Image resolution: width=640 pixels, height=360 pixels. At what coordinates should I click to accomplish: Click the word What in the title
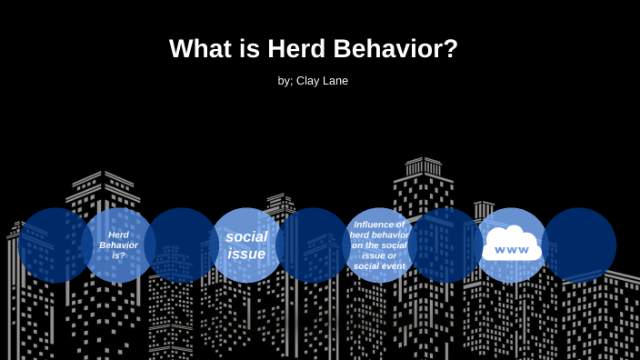(199, 49)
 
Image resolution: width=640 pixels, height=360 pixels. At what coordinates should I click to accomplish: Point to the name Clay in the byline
(309, 81)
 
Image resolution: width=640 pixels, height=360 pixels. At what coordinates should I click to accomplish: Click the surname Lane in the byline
(335, 81)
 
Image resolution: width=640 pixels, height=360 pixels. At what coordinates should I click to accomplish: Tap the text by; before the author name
(285, 81)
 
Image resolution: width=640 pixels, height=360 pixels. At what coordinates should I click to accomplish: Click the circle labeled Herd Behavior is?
(118, 245)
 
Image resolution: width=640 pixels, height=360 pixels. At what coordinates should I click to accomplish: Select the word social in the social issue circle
(246, 237)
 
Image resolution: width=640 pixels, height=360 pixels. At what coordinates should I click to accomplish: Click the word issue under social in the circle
(246, 254)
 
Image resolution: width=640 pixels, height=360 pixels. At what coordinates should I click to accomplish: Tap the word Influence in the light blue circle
(379, 225)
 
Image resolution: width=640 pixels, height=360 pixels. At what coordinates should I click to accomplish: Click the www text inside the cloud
(512, 250)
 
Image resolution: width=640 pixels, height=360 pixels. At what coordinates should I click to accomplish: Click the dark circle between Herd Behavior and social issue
(182, 245)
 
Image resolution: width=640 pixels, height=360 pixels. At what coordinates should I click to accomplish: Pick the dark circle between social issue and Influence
(313, 245)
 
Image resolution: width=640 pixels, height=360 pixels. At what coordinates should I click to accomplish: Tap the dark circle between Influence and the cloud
(445, 245)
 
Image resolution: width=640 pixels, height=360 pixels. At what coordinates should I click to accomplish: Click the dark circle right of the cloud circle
(579, 245)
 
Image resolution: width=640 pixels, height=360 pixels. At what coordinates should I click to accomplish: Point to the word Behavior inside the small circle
(118, 245)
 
